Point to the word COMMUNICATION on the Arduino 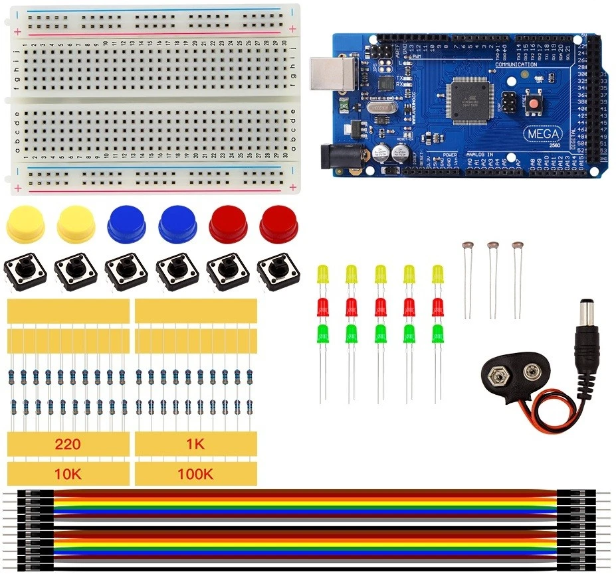tap(516, 64)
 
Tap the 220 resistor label tap(68, 445)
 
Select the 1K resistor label tap(195, 445)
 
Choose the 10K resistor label tap(68, 474)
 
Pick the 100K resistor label tap(195, 474)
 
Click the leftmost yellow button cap tap(25, 224)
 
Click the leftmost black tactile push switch tap(25, 273)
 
